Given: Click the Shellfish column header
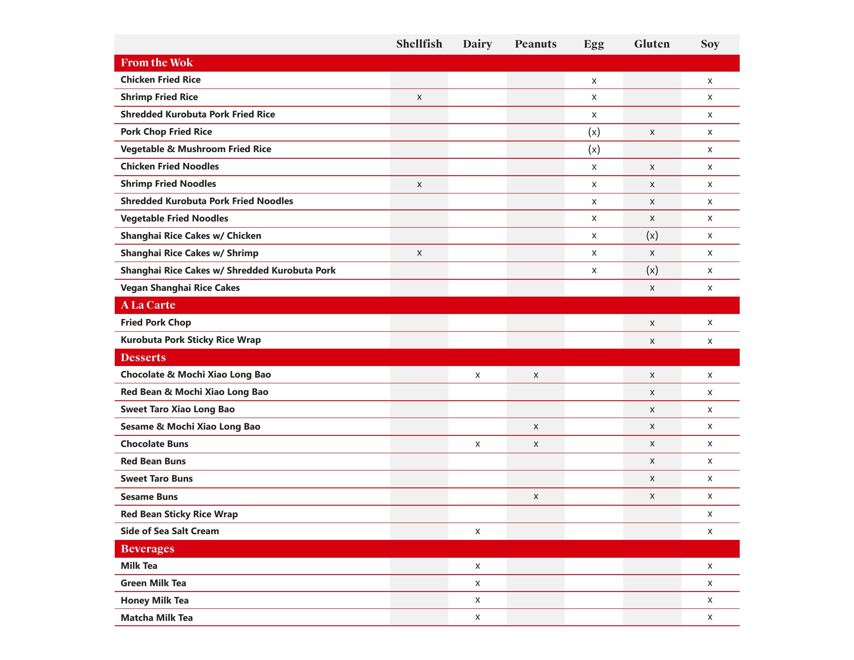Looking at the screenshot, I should pyautogui.click(x=419, y=44).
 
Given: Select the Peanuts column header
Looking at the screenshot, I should pyautogui.click(x=536, y=44).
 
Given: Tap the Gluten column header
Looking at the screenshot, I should pyautogui.click(x=652, y=44).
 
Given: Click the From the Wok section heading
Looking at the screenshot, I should pyautogui.click(x=157, y=63).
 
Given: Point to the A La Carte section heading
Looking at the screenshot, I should pyautogui.click(x=148, y=305).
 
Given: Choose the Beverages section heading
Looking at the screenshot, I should pyautogui.click(x=147, y=549).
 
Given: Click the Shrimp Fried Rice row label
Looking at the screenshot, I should pyautogui.click(x=159, y=97).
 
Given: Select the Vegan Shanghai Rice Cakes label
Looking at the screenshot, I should pyautogui.click(x=180, y=288).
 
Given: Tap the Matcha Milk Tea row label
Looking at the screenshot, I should pyautogui.click(x=157, y=618).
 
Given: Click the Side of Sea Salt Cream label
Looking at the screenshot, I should pyautogui.click(x=169, y=531).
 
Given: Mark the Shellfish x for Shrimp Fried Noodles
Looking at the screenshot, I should pyautogui.click(x=419, y=185).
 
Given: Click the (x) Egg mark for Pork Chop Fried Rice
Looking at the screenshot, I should pyautogui.click(x=594, y=132).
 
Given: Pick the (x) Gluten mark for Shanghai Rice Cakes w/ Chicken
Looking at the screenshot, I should pyautogui.click(x=652, y=236).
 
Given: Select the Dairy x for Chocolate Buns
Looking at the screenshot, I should pyautogui.click(x=477, y=444).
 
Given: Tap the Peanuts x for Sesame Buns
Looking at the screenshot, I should pyautogui.click(x=536, y=496).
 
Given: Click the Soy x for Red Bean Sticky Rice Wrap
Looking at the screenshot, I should pyautogui.click(x=710, y=514).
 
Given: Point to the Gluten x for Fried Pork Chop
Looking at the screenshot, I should pyautogui.click(x=652, y=323).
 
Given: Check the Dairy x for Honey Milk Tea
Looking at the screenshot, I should pyautogui.click(x=477, y=600).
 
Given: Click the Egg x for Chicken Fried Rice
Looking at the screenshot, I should pyautogui.click(x=594, y=81).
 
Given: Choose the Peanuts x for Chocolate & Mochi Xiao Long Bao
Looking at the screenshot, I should pyautogui.click(x=536, y=375).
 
